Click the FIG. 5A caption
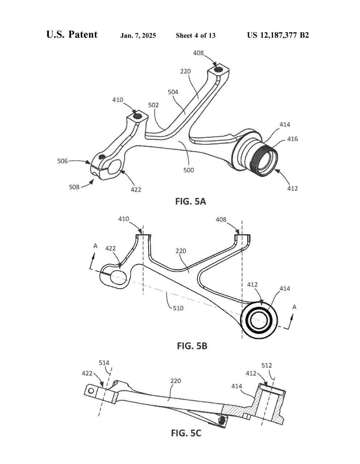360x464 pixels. (x=190, y=201)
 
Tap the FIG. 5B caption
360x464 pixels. (x=192, y=345)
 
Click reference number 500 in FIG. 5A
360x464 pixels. (x=189, y=170)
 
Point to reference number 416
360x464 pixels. (x=293, y=139)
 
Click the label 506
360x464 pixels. (x=63, y=161)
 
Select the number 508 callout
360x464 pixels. (x=74, y=187)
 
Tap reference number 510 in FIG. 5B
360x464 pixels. (x=178, y=308)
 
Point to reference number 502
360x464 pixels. (x=153, y=105)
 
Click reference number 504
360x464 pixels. (x=173, y=92)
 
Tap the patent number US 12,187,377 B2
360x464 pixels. (x=278, y=35)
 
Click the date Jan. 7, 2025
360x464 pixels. (x=138, y=36)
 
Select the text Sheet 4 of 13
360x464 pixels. (x=195, y=36)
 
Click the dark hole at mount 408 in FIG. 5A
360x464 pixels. (x=219, y=69)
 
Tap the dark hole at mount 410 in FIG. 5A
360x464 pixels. (x=138, y=116)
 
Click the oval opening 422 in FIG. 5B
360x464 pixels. (x=118, y=277)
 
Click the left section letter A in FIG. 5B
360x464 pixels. (x=95, y=246)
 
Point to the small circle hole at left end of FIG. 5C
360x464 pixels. (x=91, y=391)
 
